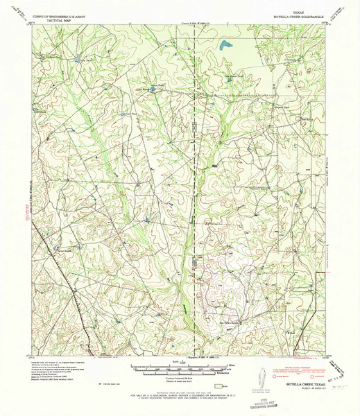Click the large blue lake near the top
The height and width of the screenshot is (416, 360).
225,46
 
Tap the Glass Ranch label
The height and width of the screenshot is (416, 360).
142,89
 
